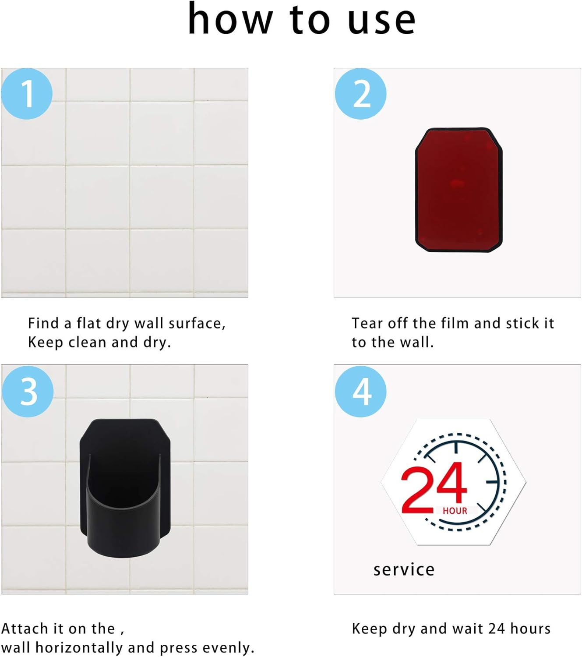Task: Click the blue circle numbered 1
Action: pos(27,94)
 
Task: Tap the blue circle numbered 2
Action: pos(360,94)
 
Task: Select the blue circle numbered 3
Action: pos(28,392)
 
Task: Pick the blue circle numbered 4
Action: pos(360,392)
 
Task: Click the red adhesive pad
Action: pos(459,190)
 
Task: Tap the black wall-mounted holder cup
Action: pos(125,488)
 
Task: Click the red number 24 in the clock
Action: pos(434,487)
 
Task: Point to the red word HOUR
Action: pos(455,511)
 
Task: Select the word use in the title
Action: pos(381,21)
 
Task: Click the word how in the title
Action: pos(230,18)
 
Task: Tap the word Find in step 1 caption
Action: pos(43,323)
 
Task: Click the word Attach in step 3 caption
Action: pos(25,629)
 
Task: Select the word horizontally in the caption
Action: pos(79,648)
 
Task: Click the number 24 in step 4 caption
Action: pos(497,629)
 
